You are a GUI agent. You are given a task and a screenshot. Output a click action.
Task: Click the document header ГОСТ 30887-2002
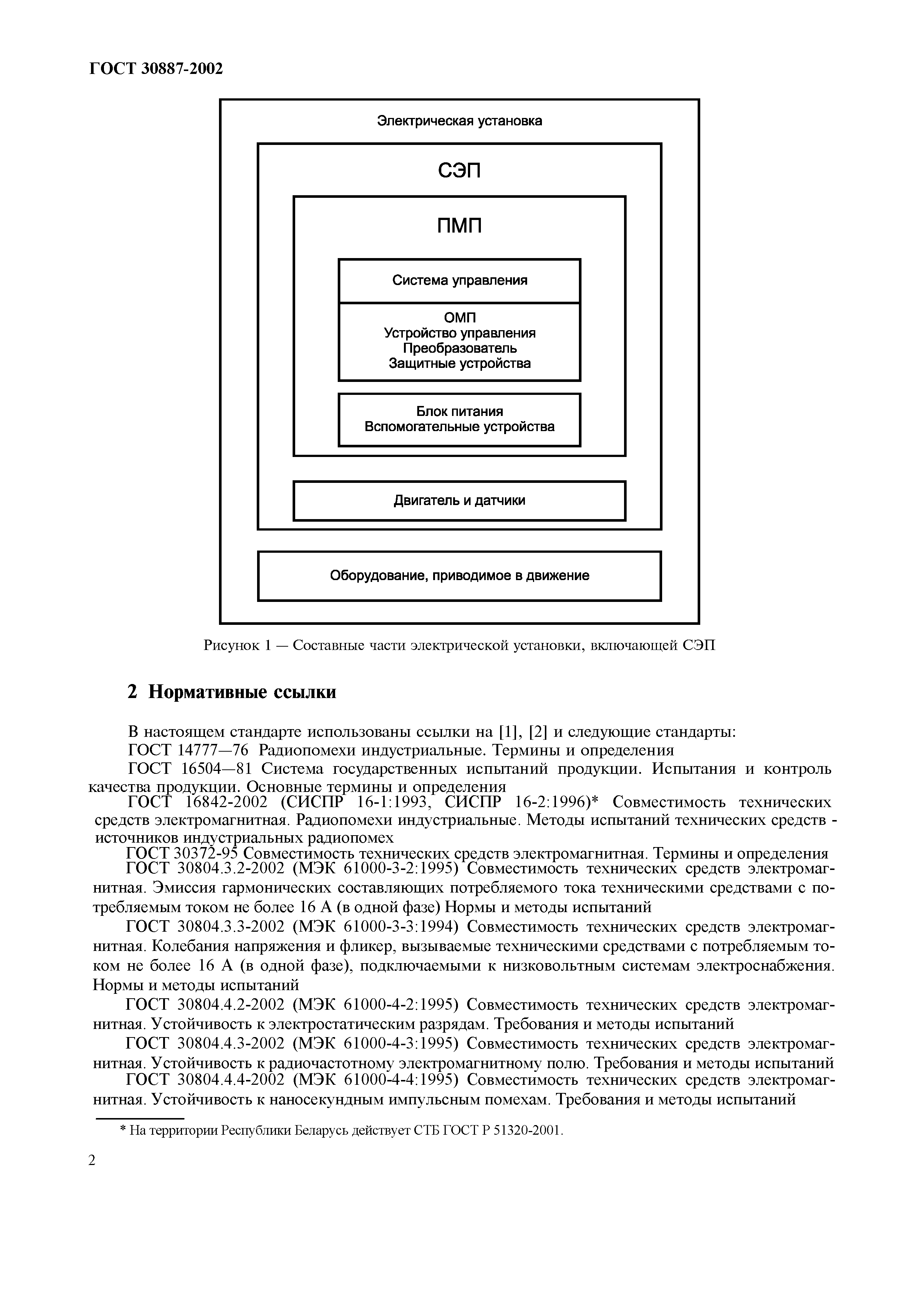click(156, 69)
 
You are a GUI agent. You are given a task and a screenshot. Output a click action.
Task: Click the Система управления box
click(459, 281)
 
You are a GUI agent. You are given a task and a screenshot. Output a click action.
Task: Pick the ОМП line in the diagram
click(459, 318)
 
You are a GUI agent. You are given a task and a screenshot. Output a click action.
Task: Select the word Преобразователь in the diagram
click(459, 348)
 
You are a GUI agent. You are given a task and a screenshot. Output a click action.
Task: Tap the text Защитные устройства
click(459, 363)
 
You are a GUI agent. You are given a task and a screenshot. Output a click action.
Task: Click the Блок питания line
click(459, 411)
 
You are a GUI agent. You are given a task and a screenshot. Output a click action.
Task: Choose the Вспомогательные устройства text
click(459, 427)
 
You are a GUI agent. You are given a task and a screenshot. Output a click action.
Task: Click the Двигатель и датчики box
click(459, 501)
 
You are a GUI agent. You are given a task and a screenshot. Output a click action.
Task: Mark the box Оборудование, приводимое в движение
click(459, 576)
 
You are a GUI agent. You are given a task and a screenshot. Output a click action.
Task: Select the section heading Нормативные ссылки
click(242, 692)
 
